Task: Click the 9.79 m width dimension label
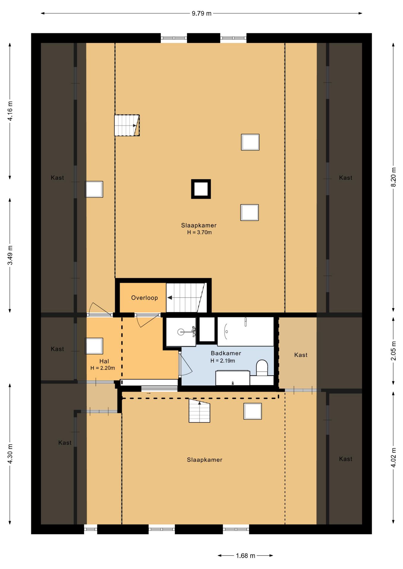pyautogui.click(x=201, y=13)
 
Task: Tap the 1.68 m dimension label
pyautogui.click(x=245, y=556)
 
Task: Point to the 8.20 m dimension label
pyautogui.click(x=394, y=177)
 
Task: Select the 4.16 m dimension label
pyautogui.click(x=10, y=111)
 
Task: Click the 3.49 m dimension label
pyautogui.click(x=10, y=255)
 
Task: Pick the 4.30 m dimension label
pyautogui.click(x=10, y=454)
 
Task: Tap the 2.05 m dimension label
pyautogui.click(x=394, y=351)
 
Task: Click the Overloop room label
pyautogui.click(x=145, y=298)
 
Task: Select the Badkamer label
pyautogui.click(x=226, y=353)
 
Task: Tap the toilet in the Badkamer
pyautogui.click(x=262, y=368)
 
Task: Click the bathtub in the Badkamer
pyautogui.click(x=245, y=331)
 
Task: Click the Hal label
pyautogui.click(x=104, y=361)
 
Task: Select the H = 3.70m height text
pyautogui.click(x=199, y=232)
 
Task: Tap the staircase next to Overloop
pyautogui.click(x=186, y=298)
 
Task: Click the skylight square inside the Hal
pyautogui.click(x=94, y=346)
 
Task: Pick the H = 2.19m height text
pyautogui.click(x=223, y=361)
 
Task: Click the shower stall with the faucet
pyautogui.click(x=181, y=332)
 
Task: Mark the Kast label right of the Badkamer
pyautogui.click(x=301, y=355)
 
